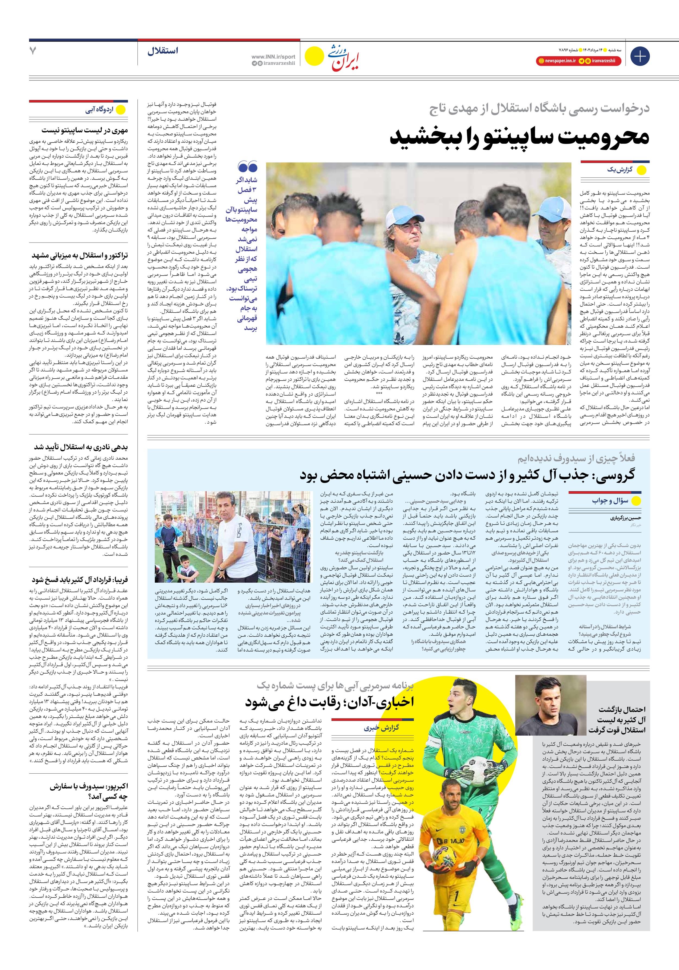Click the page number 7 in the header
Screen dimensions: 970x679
coord(33,51)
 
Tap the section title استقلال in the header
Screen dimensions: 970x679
coord(163,51)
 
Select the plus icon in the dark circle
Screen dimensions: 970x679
coord(640,56)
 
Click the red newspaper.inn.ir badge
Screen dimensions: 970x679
coord(560,61)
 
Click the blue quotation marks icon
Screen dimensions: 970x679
coord(248,167)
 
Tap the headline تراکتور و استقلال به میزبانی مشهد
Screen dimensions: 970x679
coord(79,256)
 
